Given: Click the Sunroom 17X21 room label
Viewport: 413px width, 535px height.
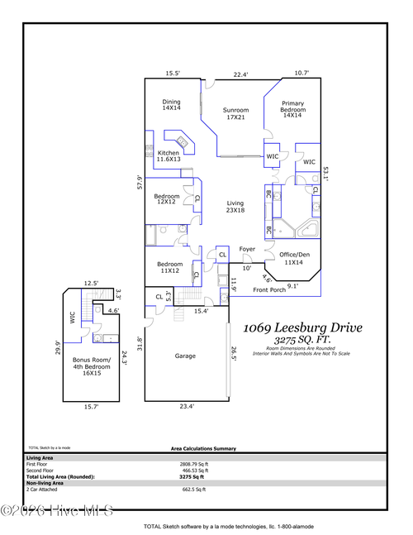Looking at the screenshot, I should (235, 113).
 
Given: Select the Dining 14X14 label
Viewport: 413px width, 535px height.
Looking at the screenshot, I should (170, 104).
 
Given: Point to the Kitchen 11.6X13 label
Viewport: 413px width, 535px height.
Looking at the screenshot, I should (169, 156).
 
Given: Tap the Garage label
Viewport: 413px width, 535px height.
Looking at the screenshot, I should (184, 356).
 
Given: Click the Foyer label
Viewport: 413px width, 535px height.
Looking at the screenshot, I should (247, 249).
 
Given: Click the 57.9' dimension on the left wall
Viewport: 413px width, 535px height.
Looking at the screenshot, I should (140, 182).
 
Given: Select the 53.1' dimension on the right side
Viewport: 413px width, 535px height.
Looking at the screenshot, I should (327, 173).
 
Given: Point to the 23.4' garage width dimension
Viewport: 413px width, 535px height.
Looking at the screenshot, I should (186, 406).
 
